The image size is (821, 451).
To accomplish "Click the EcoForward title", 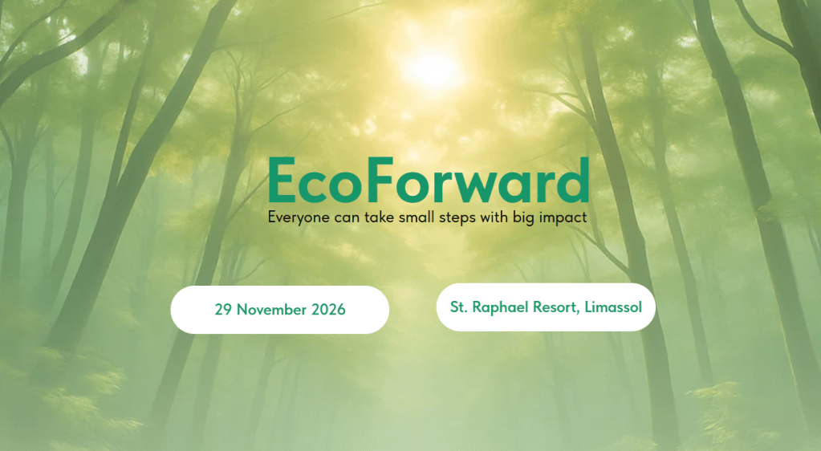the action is coord(429,181).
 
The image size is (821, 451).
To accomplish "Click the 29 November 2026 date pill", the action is coord(279,310).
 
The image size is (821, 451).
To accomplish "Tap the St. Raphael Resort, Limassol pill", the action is coord(546,307).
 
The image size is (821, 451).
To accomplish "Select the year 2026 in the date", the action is coord(328,310).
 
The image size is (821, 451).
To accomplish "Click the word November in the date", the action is coord(271,310).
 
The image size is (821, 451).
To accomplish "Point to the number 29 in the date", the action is coord(223,310).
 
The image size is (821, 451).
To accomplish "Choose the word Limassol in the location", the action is coord(613,307).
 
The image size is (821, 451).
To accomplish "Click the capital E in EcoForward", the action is coord(282,181).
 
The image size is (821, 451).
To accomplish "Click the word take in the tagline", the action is coord(380,217).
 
